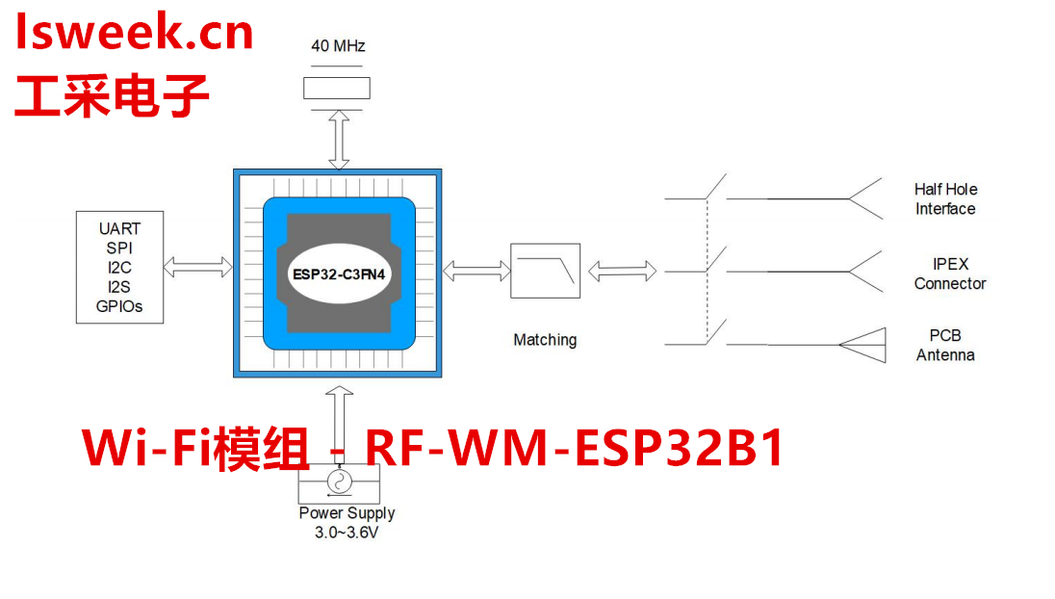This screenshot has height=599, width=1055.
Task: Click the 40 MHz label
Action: click(x=338, y=46)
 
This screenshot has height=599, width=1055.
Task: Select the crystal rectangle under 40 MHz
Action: click(x=337, y=88)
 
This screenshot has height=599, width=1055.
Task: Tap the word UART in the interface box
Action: click(x=119, y=228)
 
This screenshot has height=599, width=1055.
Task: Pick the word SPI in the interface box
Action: click(x=119, y=247)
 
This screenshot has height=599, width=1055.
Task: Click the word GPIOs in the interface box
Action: click(x=119, y=306)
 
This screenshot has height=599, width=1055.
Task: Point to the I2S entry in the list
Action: click(x=119, y=287)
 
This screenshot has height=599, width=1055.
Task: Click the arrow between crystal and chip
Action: click(x=338, y=138)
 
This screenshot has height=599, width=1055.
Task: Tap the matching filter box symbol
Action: click(x=545, y=271)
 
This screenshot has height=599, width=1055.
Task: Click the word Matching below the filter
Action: click(x=545, y=340)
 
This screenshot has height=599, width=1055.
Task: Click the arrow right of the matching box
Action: click(x=622, y=273)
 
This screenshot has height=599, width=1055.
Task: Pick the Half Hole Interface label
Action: click(x=944, y=199)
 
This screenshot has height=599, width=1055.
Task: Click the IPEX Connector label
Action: click(x=949, y=273)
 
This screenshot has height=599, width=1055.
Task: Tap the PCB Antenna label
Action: click(x=944, y=345)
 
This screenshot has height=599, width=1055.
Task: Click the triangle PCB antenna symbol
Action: click(x=866, y=344)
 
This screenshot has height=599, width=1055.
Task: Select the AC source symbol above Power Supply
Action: click(x=338, y=481)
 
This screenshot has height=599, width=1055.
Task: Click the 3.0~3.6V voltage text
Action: click(x=347, y=532)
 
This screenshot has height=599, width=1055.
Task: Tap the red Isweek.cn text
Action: click(x=134, y=34)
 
